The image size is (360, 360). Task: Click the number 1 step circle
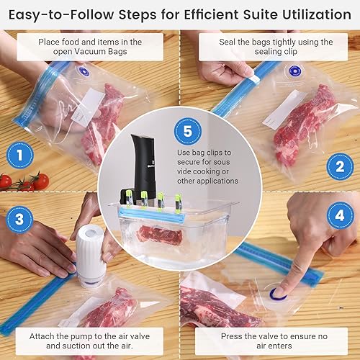[20, 154]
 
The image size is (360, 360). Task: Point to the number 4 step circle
[339, 215]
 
